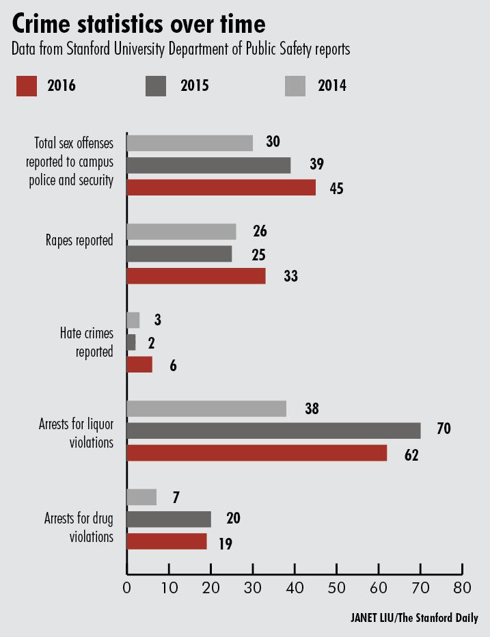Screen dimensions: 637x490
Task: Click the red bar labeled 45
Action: click(x=221, y=188)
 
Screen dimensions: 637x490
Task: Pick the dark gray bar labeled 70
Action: click(x=273, y=431)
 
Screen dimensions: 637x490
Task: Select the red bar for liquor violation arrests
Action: click(x=257, y=452)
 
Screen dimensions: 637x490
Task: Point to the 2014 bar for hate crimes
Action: click(x=133, y=320)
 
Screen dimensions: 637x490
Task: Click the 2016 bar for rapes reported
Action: click(x=196, y=276)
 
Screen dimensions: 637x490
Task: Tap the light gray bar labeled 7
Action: click(x=141, y=497)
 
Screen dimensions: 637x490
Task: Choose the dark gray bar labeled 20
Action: click(x=169, y=519)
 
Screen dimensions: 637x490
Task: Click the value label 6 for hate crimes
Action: click(x=173, y=365)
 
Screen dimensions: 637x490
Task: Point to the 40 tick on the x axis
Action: click(x=295, y=586)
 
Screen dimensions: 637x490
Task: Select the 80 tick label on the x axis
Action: click(x=463, y=587)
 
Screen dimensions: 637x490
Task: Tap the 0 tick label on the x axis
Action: click(x=127, y=587)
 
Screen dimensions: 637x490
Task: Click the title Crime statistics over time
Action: click(x=138, y=25)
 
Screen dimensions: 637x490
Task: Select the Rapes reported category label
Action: click(x=79, y=240)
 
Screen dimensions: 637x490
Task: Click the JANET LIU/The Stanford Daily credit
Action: click(x=410, y=619)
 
